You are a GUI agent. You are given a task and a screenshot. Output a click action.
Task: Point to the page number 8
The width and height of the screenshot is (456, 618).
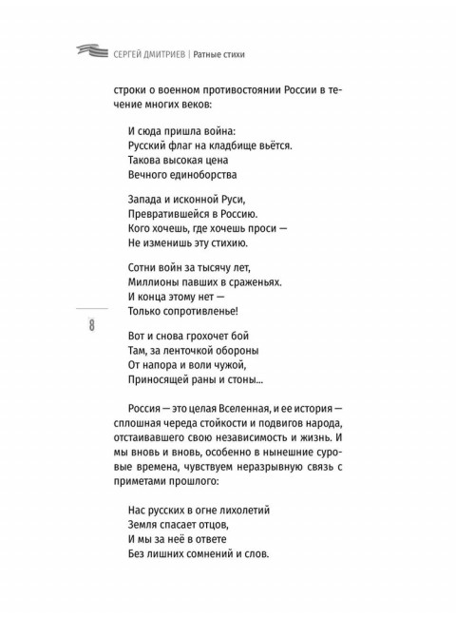[x=91, y=328]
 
